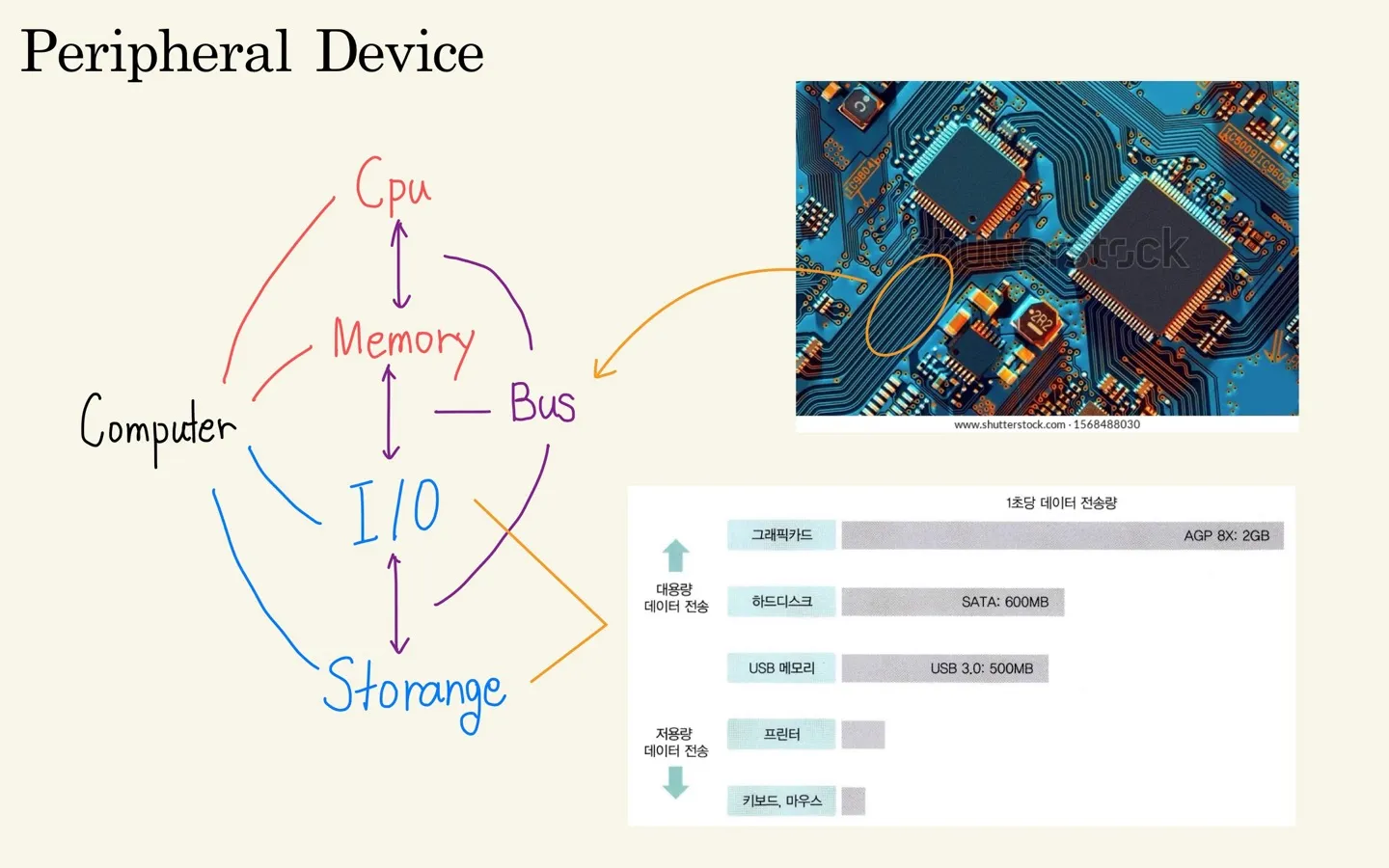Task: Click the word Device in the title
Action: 399,52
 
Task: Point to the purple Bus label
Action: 542,403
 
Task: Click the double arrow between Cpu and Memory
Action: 399,264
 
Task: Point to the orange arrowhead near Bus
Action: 601,369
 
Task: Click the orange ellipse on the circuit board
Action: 909,305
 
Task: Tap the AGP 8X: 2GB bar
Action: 1062,535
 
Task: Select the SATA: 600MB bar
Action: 952,602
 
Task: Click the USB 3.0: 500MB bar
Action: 944,668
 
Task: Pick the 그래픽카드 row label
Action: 781,535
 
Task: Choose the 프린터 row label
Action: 781,735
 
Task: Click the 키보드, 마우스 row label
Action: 781,801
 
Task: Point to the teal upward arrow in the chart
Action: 675,556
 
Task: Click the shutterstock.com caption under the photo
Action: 1047,424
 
